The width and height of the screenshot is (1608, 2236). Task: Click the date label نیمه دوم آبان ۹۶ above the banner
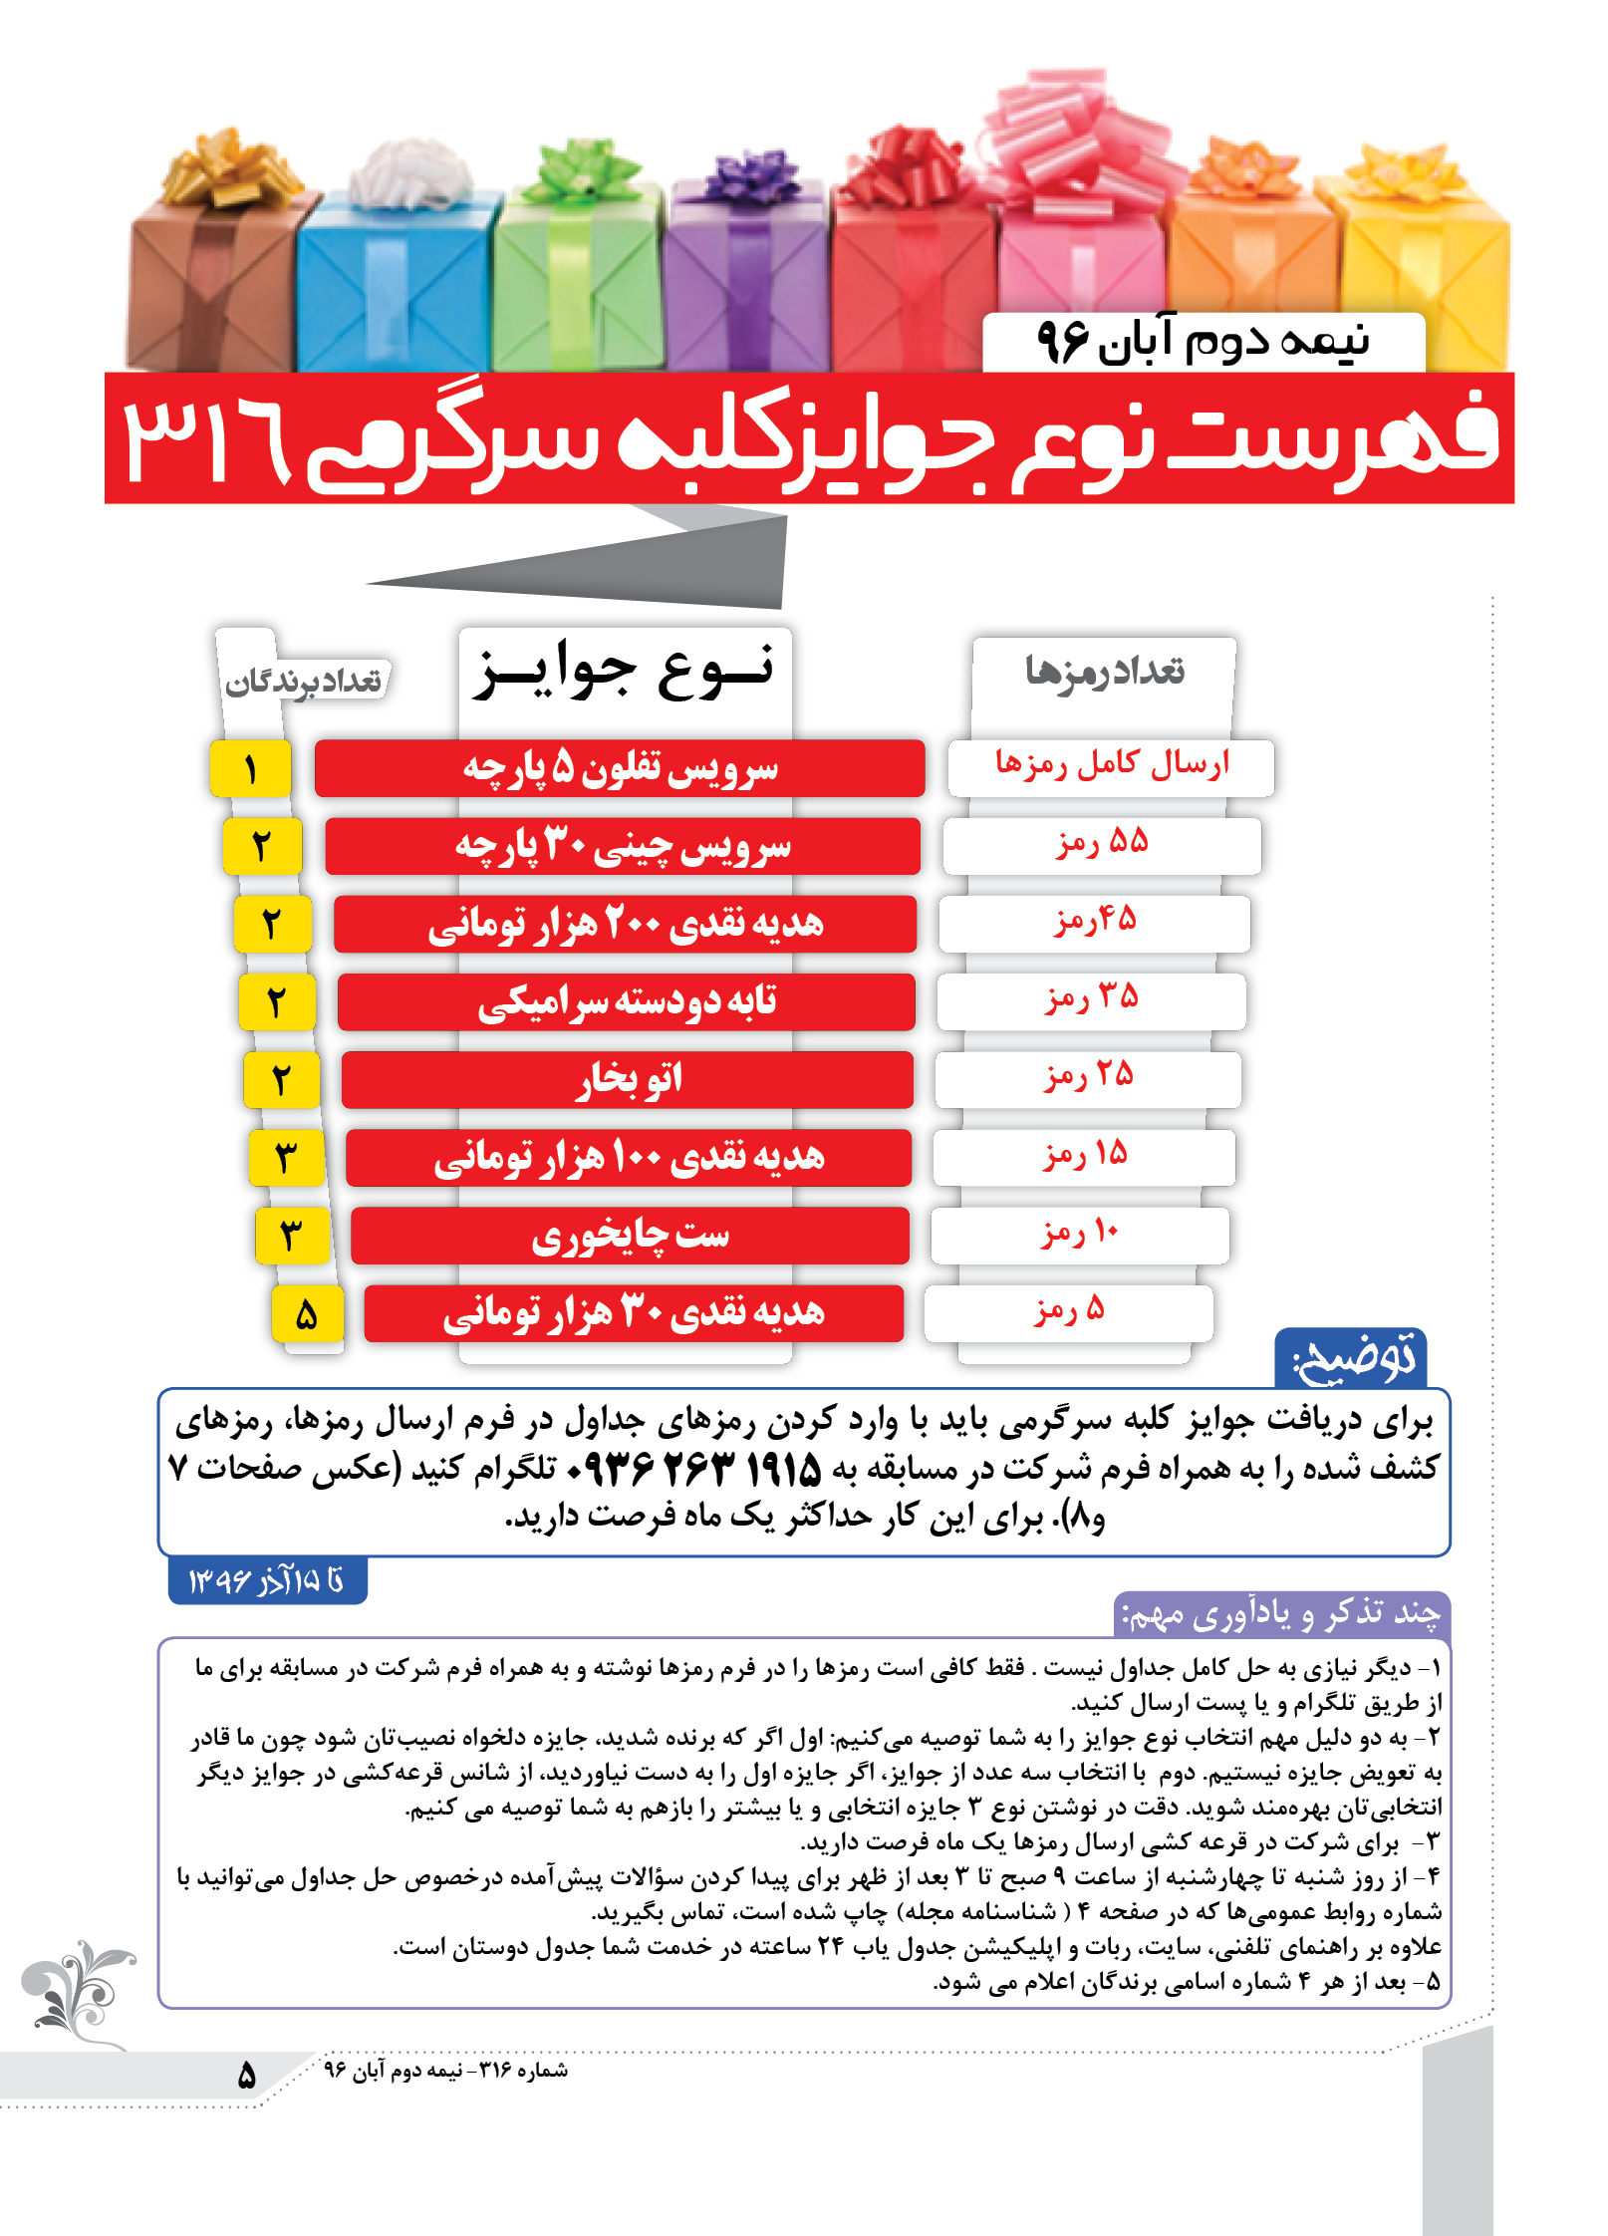[1204, 342]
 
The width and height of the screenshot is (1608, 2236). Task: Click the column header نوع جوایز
[625, 671]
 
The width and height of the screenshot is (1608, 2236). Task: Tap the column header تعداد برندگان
[303, 682]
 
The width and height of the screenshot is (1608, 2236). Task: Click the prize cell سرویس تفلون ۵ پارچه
[620, 768]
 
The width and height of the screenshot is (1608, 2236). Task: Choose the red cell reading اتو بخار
[628, 1079]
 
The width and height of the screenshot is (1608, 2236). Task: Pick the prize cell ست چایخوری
[630, 1236]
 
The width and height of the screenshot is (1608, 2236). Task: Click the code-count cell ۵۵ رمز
[1101, 845]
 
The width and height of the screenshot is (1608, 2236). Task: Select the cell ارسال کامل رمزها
[1111, 766]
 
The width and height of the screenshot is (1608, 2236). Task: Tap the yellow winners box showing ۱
[250, 768]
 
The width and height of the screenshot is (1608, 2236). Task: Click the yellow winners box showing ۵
[307, 1314]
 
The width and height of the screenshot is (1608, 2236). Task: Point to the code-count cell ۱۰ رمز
[1080, 1235]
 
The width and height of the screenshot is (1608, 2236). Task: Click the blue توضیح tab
[1351, 1358]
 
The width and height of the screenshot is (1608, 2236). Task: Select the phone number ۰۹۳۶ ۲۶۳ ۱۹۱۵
[693, 1468]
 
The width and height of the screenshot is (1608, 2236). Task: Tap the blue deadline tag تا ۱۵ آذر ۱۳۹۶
[267, 1580]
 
